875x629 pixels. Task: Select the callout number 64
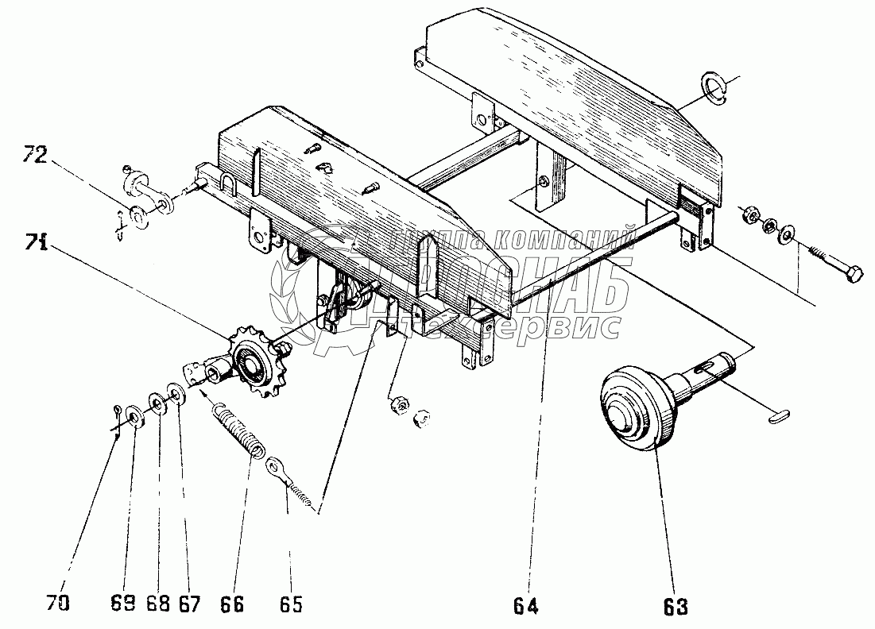point(526,608)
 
